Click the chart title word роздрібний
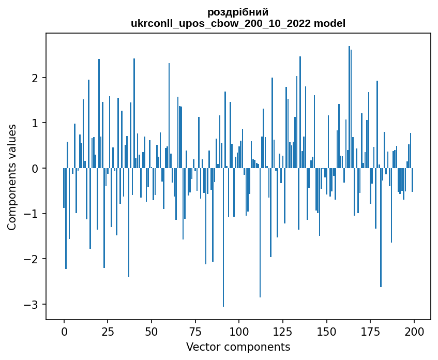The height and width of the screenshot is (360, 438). click(238, 12)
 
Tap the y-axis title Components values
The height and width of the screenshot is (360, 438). click(12, 177)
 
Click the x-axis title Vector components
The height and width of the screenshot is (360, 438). click(238, 347)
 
